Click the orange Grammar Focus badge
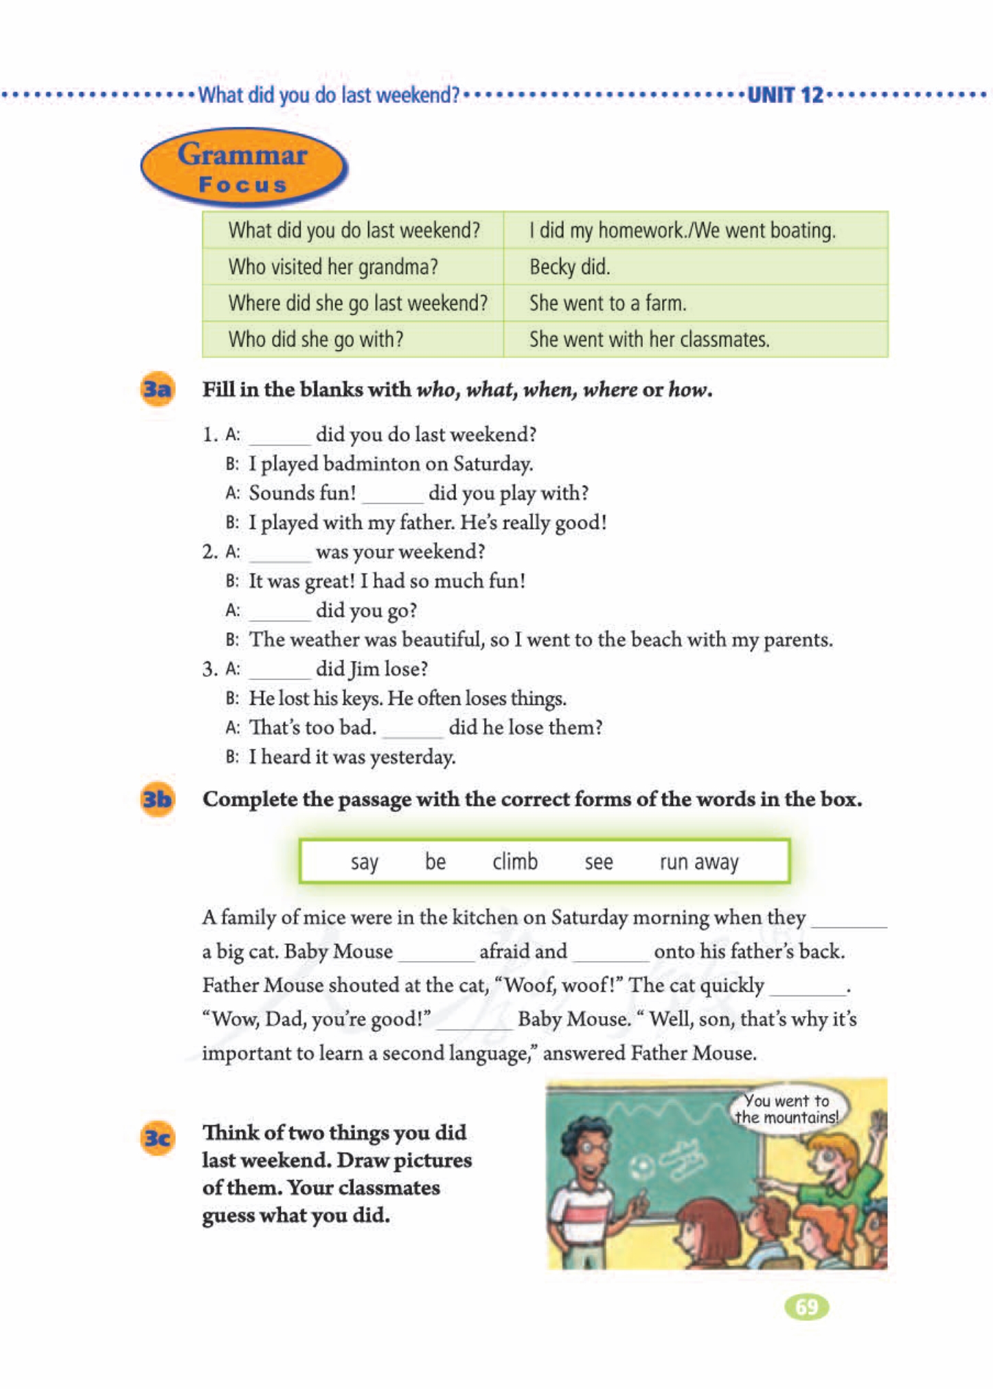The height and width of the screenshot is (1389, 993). click(243, 167)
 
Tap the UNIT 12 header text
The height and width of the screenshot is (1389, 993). click(784, 95)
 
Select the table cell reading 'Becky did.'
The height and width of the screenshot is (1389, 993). click(569, 267)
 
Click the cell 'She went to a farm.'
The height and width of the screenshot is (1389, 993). click(607, 303)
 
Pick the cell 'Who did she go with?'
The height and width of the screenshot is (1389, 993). click(315, 339)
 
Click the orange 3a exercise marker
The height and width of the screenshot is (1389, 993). click(157, 389)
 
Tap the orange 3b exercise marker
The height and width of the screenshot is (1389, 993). click(157, 800)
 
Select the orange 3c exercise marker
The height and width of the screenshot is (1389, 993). click(157, 1138)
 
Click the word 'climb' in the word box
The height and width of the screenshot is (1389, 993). click(514, 861)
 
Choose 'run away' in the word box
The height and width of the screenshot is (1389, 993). click(698, 861)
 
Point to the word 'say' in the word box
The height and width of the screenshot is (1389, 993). click(364, 861)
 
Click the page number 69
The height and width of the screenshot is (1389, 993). click(806, 1306)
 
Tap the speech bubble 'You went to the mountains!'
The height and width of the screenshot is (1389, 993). click(787, 1109)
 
